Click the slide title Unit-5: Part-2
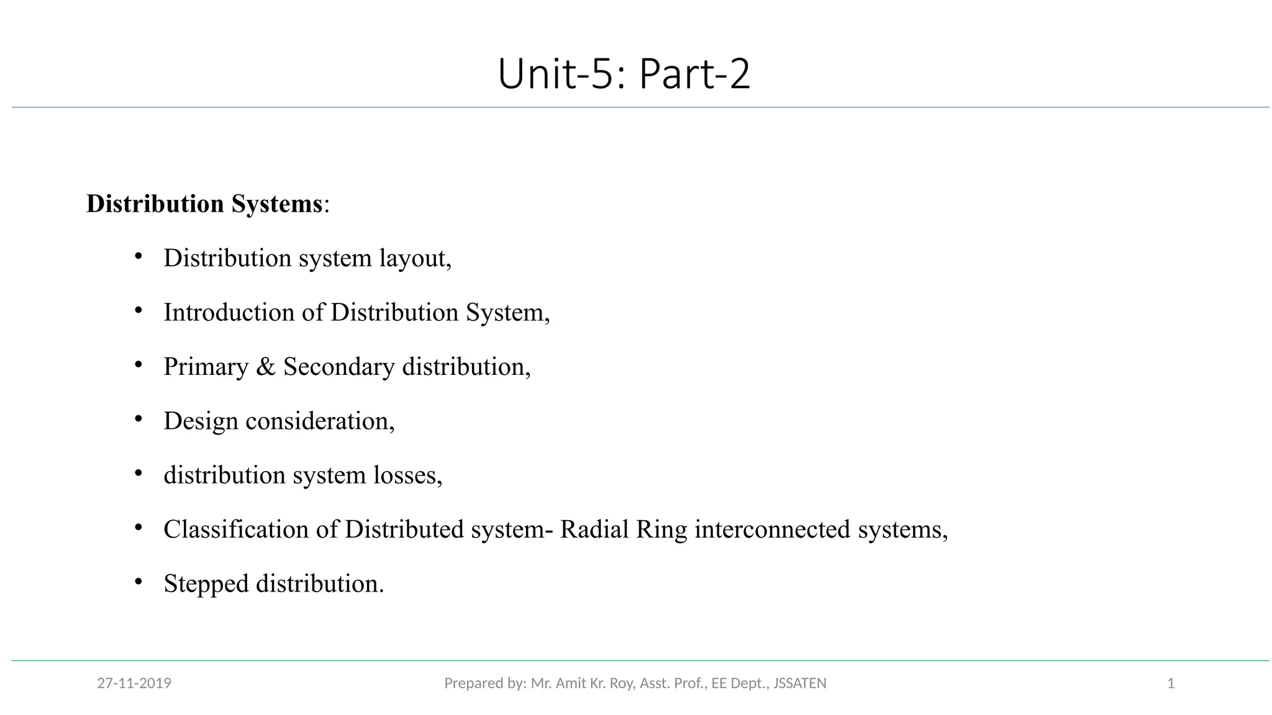pos(624,74)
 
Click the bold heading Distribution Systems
pos(204,204)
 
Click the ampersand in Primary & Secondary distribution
pos(266,367)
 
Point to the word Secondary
pos(338,367)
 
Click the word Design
pos(201,421)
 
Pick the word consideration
pos(320,421)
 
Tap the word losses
pos(407,475)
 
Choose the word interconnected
pos(772,529)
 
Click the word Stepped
pos(206,584)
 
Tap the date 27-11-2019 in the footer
pos(134,683)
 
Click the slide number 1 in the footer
pos(1171,683)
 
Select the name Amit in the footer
pos(570,683)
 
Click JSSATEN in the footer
pos(799,683)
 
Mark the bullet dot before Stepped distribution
pos(139,582)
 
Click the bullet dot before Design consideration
pos(139,419)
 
